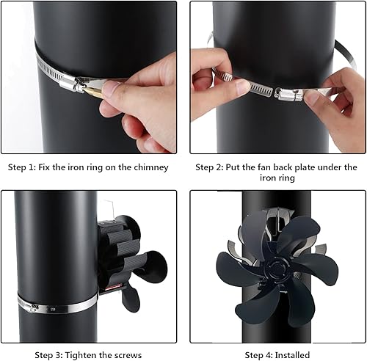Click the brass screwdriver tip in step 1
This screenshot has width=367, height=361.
(93, 92)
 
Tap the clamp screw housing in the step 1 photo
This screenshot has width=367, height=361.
(72, 84)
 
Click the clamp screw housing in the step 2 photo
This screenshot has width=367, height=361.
(288, 94)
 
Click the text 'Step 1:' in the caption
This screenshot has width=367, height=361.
(22, 167)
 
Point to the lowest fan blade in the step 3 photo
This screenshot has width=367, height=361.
(131, 298)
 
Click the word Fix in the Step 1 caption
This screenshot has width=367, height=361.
(44, 167)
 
